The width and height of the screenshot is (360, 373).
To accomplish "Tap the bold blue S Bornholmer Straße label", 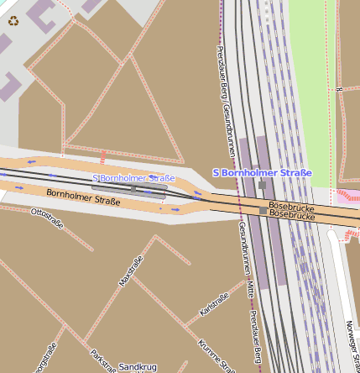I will (262, 173).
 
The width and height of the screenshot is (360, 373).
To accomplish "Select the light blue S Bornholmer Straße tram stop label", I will (133, 178).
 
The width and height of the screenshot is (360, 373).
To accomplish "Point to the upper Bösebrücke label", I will (291, 206).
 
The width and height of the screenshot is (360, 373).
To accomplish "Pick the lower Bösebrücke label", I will (291, 215).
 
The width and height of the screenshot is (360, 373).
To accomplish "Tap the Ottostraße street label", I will (47, 218).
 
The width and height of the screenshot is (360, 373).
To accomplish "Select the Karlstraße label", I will (214, 305).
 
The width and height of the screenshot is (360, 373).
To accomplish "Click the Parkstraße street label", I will (102, 360).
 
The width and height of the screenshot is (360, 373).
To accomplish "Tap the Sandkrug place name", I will (138, 367).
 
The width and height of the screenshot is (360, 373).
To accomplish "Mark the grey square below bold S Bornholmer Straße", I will (262, 185).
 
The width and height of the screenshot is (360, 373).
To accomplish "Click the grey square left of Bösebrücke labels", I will (263, 211).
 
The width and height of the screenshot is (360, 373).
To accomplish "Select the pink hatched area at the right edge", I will (347, 195).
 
